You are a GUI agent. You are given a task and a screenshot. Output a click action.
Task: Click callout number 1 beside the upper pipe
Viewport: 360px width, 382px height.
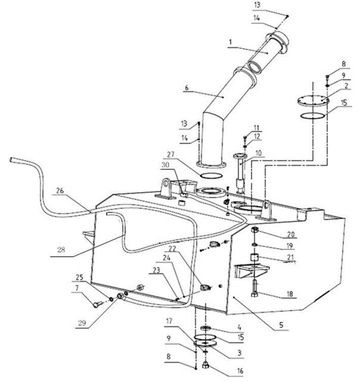click(230, 42)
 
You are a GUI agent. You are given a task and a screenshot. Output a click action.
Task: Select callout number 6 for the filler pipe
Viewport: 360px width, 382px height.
click(187, 88)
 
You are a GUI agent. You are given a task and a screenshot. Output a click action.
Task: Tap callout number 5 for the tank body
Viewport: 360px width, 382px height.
click(281, 325)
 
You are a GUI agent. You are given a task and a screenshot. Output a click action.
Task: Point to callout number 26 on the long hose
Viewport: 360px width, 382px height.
click(60, 191)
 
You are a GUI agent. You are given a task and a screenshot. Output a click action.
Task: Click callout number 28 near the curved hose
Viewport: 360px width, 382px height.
click(61, 250)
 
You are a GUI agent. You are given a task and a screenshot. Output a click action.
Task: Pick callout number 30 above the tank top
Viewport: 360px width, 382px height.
click(166, 165)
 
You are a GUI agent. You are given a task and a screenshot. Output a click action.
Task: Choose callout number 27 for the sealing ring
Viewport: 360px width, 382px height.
click(171, 154)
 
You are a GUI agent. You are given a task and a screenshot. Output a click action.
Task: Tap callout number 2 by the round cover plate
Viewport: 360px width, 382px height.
click(346, 86)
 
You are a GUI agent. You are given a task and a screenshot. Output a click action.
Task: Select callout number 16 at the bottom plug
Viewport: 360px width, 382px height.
click(240, 371)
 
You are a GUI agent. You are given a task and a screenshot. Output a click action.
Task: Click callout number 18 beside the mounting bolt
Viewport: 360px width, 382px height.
click(289, 294)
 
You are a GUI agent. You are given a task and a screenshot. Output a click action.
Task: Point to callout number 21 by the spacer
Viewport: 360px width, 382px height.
click(291, 257)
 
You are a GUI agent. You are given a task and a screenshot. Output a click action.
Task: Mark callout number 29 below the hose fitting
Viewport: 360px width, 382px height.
click(82, 323)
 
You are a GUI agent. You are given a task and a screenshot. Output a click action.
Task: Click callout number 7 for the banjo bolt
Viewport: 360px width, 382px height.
click(77, 288)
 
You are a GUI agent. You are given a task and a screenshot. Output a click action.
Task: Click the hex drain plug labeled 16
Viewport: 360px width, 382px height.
click(205, 365)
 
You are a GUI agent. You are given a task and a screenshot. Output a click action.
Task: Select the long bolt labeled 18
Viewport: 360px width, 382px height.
click(254, 288)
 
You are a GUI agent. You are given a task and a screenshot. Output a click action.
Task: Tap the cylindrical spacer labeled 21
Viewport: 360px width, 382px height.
click(254, 257)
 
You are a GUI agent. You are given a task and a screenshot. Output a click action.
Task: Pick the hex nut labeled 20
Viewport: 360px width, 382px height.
click(254, 229)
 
